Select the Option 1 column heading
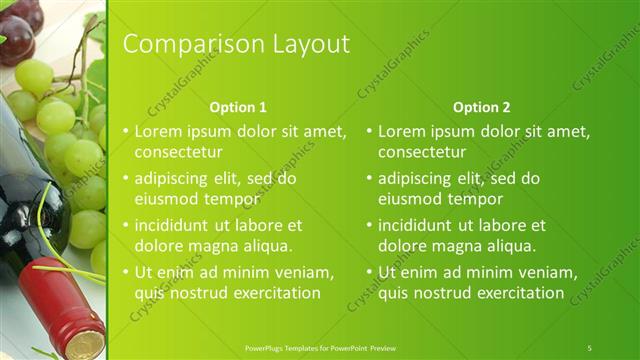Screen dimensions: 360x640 click(238, 107)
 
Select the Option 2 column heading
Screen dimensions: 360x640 click(481, 107)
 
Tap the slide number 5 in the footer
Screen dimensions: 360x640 click(589, 347)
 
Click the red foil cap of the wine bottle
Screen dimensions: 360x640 click(65, 305)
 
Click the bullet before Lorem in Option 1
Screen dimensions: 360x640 click(125, 132)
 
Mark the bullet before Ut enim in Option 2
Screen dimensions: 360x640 click(369, 272)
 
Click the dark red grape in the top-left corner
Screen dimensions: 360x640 click(15, 35)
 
